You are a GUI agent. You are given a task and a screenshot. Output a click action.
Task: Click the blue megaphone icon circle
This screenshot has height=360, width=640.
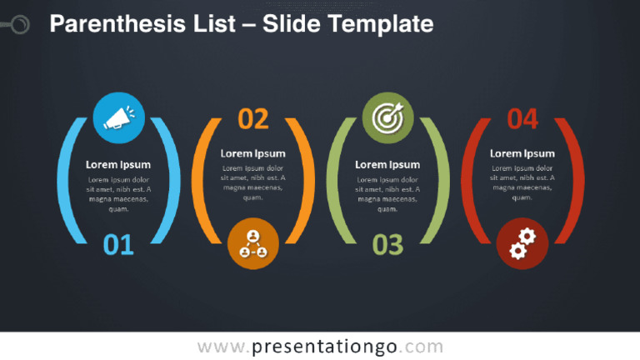click(118, 117)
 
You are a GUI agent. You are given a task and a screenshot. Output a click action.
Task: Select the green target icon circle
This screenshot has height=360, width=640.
click(387, 117)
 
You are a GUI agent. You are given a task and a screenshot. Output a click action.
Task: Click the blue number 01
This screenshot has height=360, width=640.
click(118, 245)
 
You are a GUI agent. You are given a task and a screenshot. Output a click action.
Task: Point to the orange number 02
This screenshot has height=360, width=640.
click(253, 120)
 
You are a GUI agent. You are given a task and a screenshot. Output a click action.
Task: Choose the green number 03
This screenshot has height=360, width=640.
click(387, 245)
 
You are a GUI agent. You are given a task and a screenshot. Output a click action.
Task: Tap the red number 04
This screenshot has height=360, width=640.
click(522, 120)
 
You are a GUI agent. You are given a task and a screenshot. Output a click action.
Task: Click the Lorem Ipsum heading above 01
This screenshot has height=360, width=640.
click(118, 165)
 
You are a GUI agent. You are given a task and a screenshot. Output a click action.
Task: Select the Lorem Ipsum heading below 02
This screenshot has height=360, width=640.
click(252, 153)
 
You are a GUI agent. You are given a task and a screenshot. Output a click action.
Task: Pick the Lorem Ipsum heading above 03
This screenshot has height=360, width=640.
click(387, 165)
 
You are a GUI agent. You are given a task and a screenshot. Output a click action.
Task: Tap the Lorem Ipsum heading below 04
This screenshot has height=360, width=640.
click(522, 153)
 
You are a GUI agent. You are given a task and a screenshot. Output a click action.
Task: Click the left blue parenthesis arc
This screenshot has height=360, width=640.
click(66, 181)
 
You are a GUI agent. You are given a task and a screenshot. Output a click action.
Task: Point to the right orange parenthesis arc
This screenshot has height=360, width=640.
click(306, 181)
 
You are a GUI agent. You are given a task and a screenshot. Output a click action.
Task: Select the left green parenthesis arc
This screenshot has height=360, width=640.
click(335, 181)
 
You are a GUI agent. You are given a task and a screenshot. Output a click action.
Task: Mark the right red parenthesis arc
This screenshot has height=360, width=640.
click(575, 181)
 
